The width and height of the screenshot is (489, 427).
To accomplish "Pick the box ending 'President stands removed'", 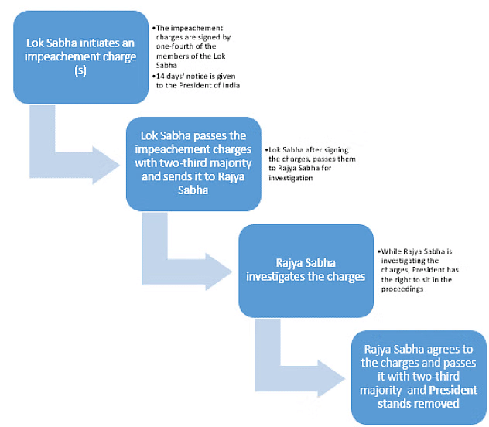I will coord(419,376).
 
